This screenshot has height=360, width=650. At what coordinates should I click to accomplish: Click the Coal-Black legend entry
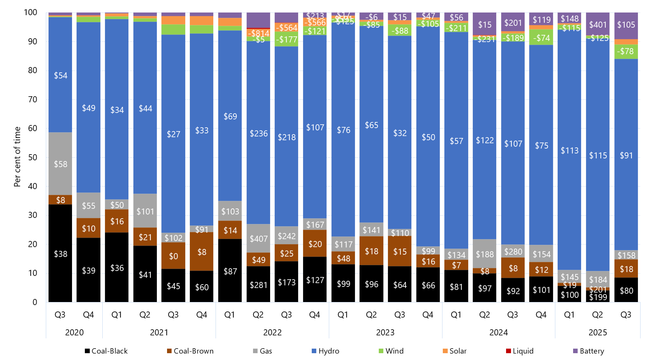pos(106,351)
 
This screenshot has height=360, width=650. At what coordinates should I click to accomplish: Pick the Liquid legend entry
pos(519,351)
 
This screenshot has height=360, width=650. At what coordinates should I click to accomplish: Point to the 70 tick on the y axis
pos(33,99)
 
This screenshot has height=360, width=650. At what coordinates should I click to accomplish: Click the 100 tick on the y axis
pos(31,13)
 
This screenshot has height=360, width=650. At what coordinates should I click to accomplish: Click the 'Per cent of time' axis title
pos(17,157)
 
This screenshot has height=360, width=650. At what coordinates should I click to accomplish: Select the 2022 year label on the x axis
pos(272,332)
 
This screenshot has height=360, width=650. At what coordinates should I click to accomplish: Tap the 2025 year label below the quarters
pos(598,332)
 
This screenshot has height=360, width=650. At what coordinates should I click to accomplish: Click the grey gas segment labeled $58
pos(60,164)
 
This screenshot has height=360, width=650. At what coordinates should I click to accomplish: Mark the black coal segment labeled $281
pos(258,285)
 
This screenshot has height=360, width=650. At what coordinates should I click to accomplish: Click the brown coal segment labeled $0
pos(173,256)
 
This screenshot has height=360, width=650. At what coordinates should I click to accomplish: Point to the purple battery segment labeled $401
pos(598,24)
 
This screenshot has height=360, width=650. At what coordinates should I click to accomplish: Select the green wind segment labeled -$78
pos(626,52)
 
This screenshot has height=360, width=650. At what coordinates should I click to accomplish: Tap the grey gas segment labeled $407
pos(258,238)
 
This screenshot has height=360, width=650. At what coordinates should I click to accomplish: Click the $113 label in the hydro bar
pos(569,150)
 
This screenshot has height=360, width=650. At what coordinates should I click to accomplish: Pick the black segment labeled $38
pos(60,254)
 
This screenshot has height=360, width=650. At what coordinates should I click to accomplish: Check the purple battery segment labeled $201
pos(513,22)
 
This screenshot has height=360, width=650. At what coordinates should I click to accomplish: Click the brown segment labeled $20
pos(315,244)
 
